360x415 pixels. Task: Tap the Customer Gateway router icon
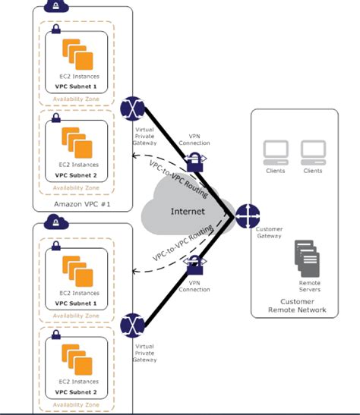pyautogui.click(x=248, y=216)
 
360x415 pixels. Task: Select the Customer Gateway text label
pyautogui.click(x=270, y=231)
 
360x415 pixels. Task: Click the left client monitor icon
pyautogui.click(x=275, y=152)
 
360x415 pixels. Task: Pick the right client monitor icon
pyautogui.click(x=313, y=152)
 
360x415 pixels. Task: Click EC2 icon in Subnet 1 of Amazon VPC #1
pyautogui.click(x=77, y=55)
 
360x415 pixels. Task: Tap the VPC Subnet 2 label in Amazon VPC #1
pyautogui.click(x=76, y=174)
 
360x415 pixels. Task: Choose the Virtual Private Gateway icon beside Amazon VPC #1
pyautogui.click(x=134, y=108)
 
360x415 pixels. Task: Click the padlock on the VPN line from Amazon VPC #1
pyautogui.click(x=195, y=159)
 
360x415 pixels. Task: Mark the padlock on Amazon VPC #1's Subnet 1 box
pyautogui.click(x=55, y=29)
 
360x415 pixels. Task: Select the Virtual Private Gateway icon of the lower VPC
pyautogui.click(x=134, y=324)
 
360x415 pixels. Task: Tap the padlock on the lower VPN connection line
pyautogui.click(x=195, y=265)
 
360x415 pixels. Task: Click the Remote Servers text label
pyautogui.click(x=309, y=285)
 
